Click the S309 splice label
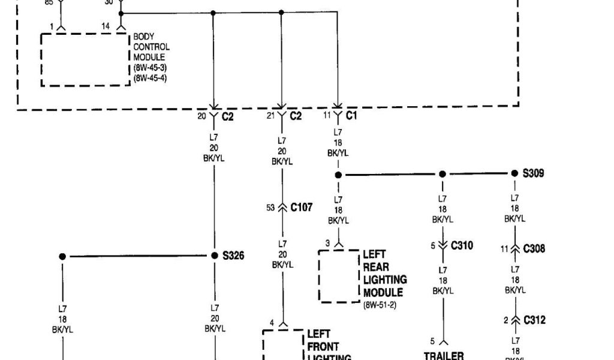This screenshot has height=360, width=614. click(x=533, y=173)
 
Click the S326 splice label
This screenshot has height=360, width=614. click(x=233, y=256)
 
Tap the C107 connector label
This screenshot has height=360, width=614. click(x=301, y=208)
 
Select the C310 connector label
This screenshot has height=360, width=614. click(x=462, y=245)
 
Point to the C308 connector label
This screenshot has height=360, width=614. click(x=534, y=248)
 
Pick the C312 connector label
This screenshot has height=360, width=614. click(x=534, y=320)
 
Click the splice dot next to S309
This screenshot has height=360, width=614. click(x=514, y=173)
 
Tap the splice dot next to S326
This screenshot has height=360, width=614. click(x=214, y=256)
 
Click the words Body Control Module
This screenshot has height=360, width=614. click(x=151, y=47)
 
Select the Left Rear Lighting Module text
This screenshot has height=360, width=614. click(x=384, y=274)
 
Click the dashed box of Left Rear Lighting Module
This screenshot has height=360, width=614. click(x=339, y=276)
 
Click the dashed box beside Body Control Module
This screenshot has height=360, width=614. click(x=85, y=59)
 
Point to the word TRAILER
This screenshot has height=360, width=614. click(x=444, y=356)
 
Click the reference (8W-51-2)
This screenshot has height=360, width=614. click(x=380, y=305)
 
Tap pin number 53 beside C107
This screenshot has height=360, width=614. click(x=271, y=208)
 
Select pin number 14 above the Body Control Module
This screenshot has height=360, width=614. click(x=106, y=26)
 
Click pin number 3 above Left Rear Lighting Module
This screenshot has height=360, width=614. click(x=327, y=242)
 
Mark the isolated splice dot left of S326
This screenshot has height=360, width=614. click(x=62, y=256)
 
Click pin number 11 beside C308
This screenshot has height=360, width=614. click(x=504, y=248)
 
